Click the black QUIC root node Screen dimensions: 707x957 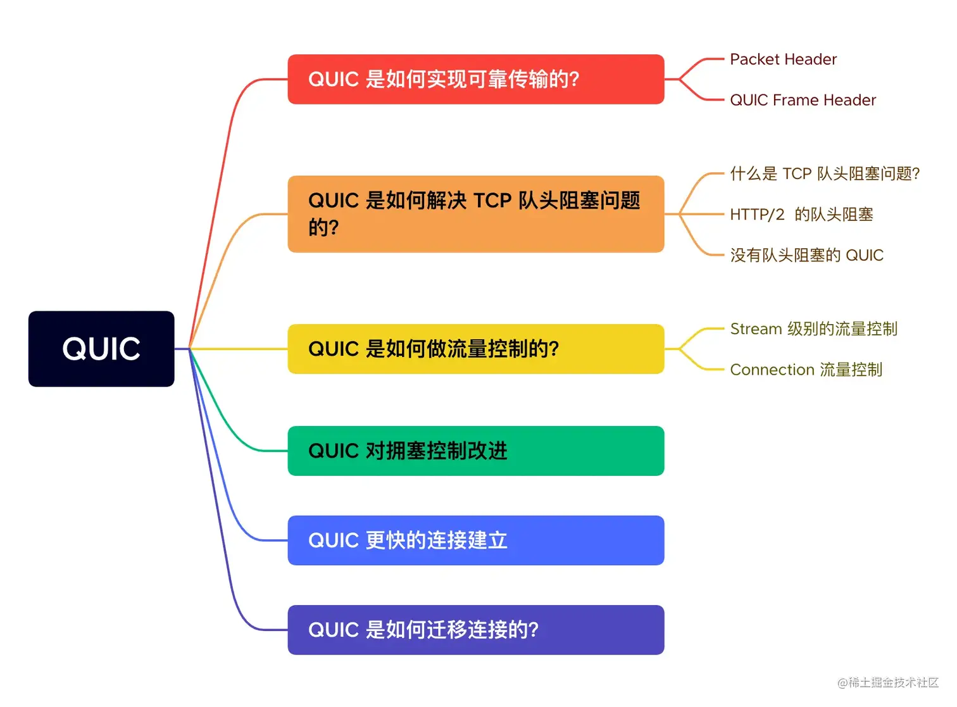click(101, 349)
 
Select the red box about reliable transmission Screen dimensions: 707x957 click(475, 79)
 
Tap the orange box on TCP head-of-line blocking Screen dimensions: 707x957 click(475, 214)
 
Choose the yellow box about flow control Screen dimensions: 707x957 click(475, 349)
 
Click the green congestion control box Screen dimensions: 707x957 click(475, 451)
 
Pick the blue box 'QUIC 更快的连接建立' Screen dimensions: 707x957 click(475, 541)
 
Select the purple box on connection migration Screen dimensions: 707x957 click(475, 630)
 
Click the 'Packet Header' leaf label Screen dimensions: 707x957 click(783, 59)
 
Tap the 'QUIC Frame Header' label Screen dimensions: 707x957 click(803, 100)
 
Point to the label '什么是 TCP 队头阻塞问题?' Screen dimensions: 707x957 click(824, 173)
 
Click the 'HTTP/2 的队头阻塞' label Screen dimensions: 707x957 click(801, 215)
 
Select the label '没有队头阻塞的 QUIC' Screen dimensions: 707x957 click(806, 255)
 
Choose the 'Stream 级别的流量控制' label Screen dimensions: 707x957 click(813, 329)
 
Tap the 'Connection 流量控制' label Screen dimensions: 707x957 click(806, 370)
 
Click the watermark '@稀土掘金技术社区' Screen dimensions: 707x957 click(887, 682)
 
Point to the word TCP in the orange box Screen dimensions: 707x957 click(492, 201)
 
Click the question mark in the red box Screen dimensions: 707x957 click(573, 80)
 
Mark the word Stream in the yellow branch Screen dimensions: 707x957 click(756, 329)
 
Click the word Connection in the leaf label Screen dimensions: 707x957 click(772, 370)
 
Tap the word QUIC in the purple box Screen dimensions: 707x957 click(334, 630)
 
